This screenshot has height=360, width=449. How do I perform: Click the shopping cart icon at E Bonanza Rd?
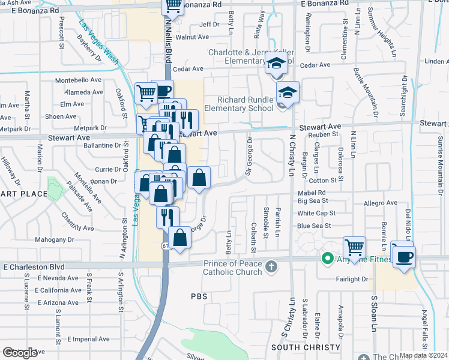click(x=173, y=6)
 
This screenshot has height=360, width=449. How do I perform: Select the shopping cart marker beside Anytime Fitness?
click(x=355, y=247)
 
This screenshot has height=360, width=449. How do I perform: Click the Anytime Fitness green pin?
click(x=327, y=259)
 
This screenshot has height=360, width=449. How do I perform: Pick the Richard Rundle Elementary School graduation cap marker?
click(x=288, y=92)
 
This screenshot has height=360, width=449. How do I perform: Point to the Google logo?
click(x=19, y=353)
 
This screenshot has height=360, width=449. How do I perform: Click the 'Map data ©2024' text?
click(x=423, y=355)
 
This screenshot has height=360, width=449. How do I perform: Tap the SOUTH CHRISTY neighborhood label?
click(x=306, y=347)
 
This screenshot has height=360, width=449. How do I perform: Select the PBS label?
click(x=199, y=296)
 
